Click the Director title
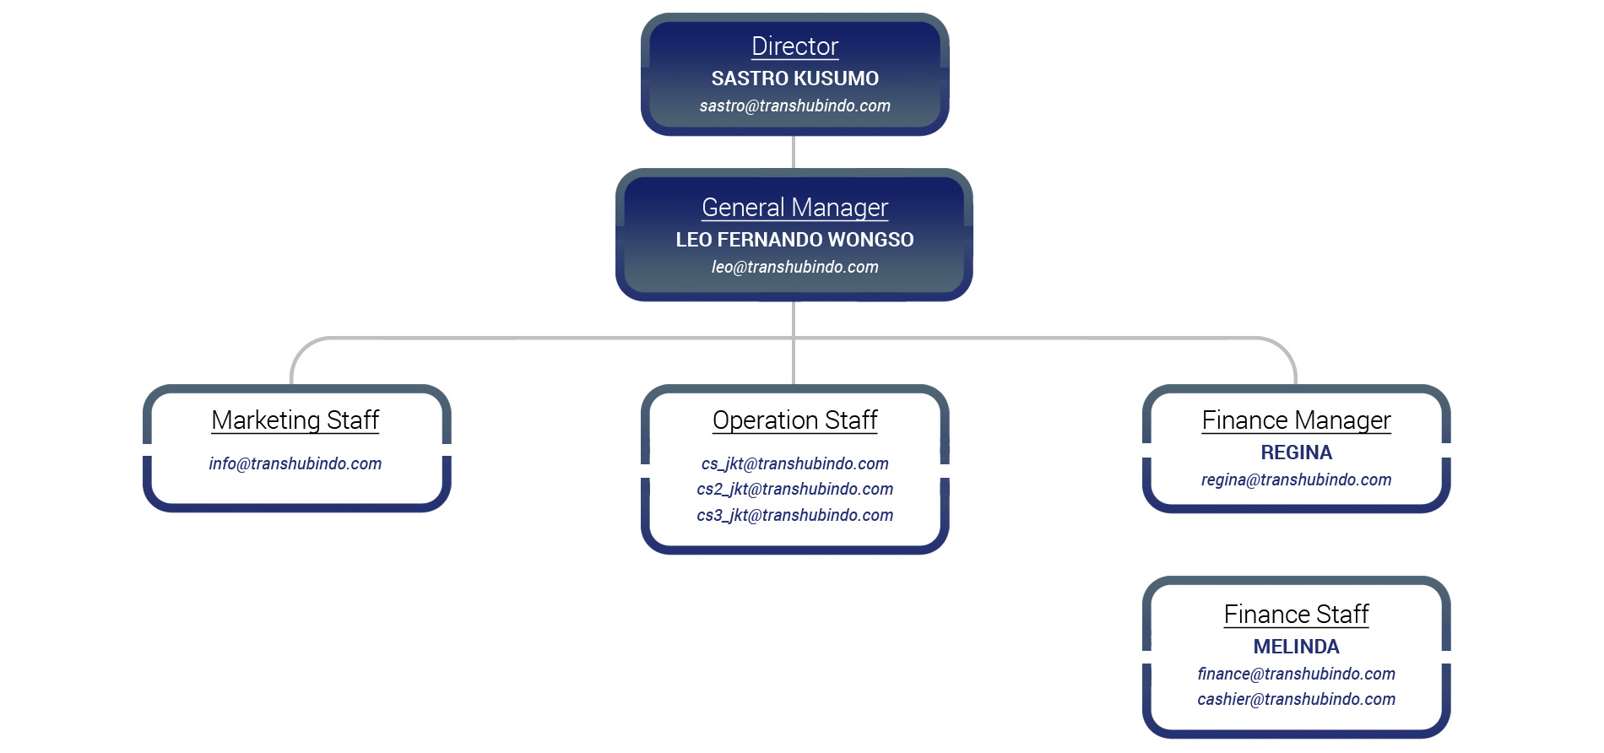coord(794,46)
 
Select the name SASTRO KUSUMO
coord(794,79)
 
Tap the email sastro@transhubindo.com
coord(794,106)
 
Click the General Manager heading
coord(794,208)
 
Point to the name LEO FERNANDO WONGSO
coord(794,240)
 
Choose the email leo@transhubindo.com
coord(794,267)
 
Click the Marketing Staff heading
coord(295,420)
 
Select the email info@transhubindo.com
coord(295,463)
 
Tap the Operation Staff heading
coord(794,420)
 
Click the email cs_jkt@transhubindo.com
coord(794,463)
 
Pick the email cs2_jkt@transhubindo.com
coord(794,489)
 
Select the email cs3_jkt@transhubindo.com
coord(794,515)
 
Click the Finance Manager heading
coord(1296,420)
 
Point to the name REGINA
coord(1296,452)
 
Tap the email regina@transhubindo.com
coord(1296,479)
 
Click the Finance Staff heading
coord(1296,615)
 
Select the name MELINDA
coord(1296,647)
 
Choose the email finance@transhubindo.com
coord(1296,674)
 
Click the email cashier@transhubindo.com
coord(1296,699)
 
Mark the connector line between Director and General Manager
coord(794,152)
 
